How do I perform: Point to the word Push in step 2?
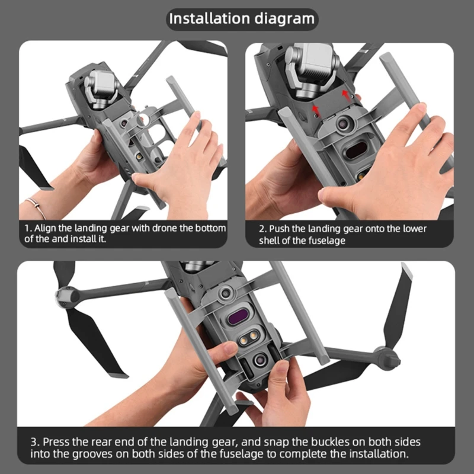(281, 229)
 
